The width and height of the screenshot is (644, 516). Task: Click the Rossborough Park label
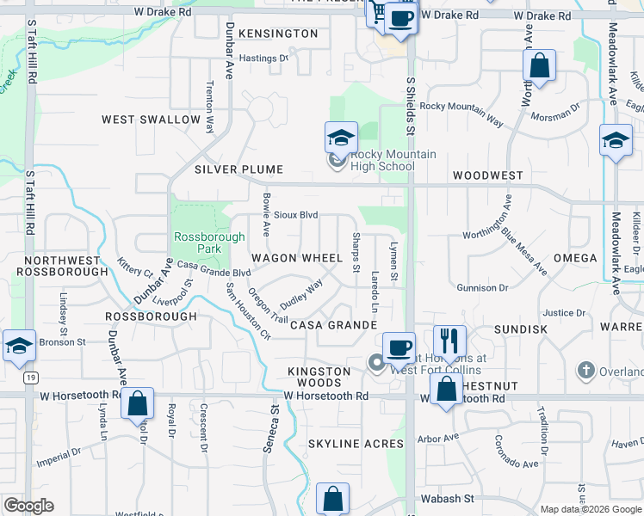198,243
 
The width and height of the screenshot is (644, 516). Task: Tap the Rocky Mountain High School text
382,160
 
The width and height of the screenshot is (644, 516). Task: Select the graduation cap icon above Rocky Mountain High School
341,138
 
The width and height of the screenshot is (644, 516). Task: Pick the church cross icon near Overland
585,371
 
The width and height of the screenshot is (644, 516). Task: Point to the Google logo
29,505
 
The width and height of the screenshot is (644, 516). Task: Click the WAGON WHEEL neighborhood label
296,258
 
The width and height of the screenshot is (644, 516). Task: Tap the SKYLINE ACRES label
356,444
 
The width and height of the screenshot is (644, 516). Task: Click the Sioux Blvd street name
296,215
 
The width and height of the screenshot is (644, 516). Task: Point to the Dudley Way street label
300,295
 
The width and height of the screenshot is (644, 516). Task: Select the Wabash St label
447,499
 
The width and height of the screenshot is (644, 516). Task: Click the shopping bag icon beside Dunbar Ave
138,402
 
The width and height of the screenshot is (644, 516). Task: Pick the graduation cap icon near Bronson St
19,345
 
